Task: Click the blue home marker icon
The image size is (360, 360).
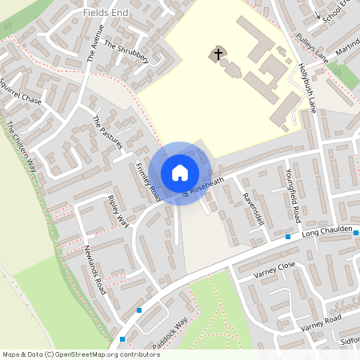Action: click(180, 173)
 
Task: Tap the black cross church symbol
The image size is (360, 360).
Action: click(216, 54)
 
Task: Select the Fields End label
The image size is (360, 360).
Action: click(106, 14)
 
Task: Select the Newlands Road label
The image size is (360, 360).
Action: click(94, 270)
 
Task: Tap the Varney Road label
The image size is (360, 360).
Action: click(322, 322)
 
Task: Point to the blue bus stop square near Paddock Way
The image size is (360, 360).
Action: click(139, 310)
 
